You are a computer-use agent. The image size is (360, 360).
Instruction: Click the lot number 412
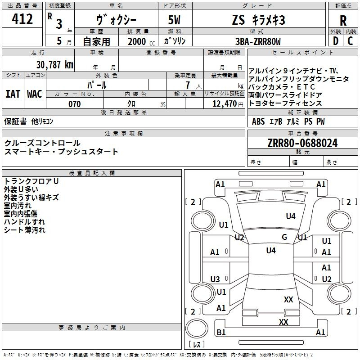pyautogui.click(x=22, y=18)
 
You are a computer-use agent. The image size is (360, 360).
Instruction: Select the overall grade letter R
pyautogui.click(x=343, y=21)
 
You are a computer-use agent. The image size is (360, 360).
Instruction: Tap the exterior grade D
pyautogui.click(x=336, y=41)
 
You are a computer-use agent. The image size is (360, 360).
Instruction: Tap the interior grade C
pyautogui.click(x=350, y=41)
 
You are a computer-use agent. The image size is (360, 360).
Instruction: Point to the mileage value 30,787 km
pyautogui.click(x=54, y=65)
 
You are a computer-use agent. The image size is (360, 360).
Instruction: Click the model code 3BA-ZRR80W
pyautogui.click(x=258, y=41)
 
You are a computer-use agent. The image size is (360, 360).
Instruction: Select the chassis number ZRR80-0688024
pyautogui.click(x=302, y=143)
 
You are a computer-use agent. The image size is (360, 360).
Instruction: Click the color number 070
pyautogui.click(x=75, y=104)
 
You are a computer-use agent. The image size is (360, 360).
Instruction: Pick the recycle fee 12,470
pyautogui.click(x=224, y=104)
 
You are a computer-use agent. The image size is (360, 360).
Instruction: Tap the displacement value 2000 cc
pyautogui.click(x=141, y=41)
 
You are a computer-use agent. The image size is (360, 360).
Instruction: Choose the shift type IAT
pyautogui.click(x=13, y=94)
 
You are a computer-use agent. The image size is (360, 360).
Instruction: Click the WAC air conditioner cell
pyautogui.click(x=35, y=94)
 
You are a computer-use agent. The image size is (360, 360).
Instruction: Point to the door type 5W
pyautogui.click(x=174, y=20)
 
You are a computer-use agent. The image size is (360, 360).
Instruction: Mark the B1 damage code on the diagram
pyautogui.click(x=221, y=332)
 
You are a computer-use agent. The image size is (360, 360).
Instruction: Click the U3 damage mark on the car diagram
pyautogui.click(x=215, y=279)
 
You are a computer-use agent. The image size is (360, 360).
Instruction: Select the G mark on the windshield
pyautogui.click(x=284, y=237)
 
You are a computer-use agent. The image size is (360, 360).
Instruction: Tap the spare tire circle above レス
pyautogui.click(x=197, y=328)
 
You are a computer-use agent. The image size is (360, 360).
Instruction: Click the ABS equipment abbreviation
pyautogui.click(x=258, y=121)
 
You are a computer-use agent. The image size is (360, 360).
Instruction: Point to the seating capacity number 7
pyautogui.click(x=188, y=85)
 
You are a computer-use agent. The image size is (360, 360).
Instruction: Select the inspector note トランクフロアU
pyautogui.click(x=31, y=181)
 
